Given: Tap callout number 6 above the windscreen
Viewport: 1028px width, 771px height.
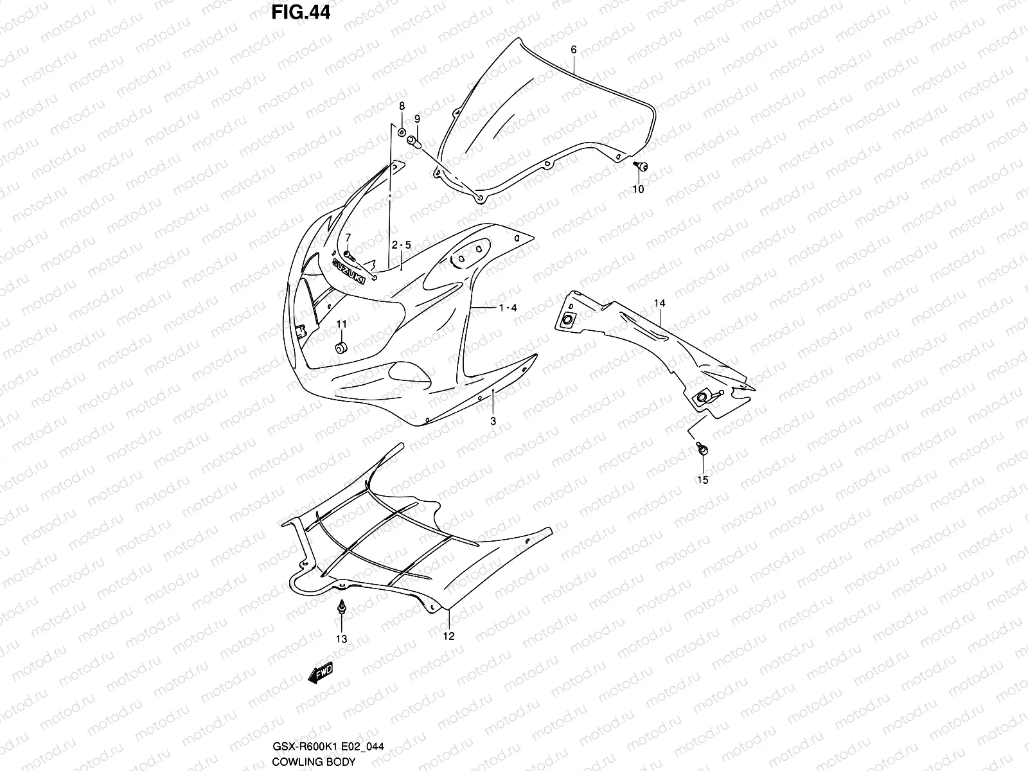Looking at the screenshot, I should (574, 49).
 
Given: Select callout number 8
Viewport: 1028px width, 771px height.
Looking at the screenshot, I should (402, 106).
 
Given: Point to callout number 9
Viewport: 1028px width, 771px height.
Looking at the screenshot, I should (417, 119).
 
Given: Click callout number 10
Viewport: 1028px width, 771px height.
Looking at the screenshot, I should (638, 189).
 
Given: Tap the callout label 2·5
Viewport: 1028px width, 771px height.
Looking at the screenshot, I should (401, 245).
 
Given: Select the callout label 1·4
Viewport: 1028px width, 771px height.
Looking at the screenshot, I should (508, 308).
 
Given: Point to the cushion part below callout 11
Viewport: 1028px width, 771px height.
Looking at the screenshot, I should (341, 348).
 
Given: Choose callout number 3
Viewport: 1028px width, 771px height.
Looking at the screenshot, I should (493, 421).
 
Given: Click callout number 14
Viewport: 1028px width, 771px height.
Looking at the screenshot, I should (660, 303).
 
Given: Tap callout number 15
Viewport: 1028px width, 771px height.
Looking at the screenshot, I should (702, 480).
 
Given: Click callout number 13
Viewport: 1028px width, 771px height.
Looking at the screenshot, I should (341, 639).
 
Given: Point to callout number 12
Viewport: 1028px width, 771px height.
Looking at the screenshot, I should (448, 636).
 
